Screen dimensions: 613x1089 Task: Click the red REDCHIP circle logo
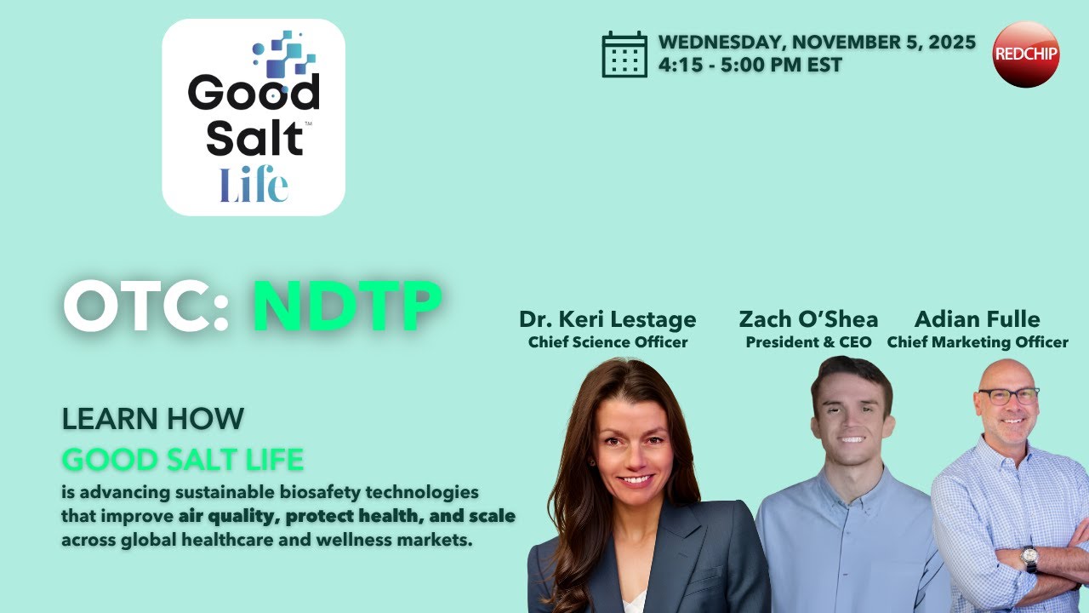click(x=1026, y=54)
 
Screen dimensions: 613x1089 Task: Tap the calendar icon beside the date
click(x=624, y=54)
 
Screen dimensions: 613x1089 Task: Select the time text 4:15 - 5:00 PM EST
click(x=750, y=66)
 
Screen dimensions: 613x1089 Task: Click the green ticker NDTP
click(x=347, y=306)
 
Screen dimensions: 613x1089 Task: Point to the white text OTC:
click(x=146, y=306)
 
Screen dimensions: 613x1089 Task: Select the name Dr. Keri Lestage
click(x=607, y=319)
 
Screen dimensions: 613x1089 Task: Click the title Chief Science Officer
click(x=607, y=342)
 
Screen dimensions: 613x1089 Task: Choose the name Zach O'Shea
click(x=808, y=319)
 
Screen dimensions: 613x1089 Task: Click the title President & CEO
click(x=808, y=342)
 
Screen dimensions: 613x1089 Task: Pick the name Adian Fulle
click(x=977, y=319)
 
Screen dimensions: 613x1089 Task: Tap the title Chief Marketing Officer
click(x=977, y=342)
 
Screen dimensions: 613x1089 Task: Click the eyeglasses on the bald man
click(x=1009, y=396)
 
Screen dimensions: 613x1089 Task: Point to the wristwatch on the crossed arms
click(x=1029, y=558)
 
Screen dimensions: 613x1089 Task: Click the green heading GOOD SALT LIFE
click(x=182, y=461)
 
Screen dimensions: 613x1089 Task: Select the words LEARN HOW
click(x=153, y=419)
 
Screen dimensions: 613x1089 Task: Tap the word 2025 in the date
click(x=951, y=43)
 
